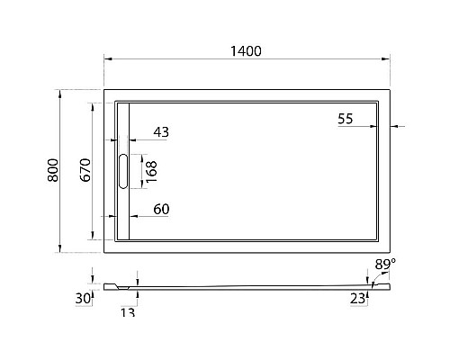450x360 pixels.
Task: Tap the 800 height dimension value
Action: [x=53, y=170]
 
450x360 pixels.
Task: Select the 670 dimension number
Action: [x=85, y=170]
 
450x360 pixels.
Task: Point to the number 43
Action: [x=161, y=132]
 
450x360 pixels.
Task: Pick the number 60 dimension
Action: [x=161, y=209]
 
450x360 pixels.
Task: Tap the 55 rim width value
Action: [x=346, y=119]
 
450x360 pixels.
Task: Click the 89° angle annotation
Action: [x=385, y=264]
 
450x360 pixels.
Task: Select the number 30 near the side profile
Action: [x=84, y=298]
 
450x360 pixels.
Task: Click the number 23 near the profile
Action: [x=358, y=298]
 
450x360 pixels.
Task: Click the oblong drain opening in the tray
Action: [x=123, y=171]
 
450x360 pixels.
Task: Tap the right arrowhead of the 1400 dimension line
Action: [x=389, y=60]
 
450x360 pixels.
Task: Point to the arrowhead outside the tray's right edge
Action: [x=397, y=127]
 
